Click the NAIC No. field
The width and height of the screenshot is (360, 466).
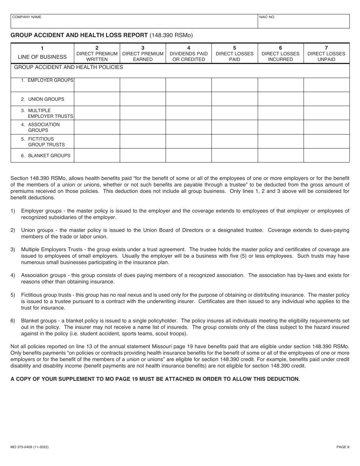[x=303, y=22]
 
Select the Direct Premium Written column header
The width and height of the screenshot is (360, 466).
[x=97, y=53]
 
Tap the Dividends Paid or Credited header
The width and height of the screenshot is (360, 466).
[x=189, y=53]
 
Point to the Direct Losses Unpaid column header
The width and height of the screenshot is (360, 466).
[x=326, y=53]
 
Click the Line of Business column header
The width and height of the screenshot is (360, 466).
[x=42, y=53]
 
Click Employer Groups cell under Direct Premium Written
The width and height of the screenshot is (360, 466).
[x=97, y=85]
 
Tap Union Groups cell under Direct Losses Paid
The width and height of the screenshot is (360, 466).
[x=235, y=99]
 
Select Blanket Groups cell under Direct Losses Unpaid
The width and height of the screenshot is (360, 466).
[x=326, y=155]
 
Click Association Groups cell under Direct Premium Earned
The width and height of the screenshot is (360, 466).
[x=143, y=127]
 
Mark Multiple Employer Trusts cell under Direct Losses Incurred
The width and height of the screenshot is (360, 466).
[x=280, y=113]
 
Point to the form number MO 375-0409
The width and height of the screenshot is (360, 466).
[x=30, y=447]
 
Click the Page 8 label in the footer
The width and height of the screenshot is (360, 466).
[x=343, y=447]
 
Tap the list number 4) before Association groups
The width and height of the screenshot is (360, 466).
[x=13, y=275]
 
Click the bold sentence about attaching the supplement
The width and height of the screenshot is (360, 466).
[x=155, y=379]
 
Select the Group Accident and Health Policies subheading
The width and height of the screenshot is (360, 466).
[x=69, y=67]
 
